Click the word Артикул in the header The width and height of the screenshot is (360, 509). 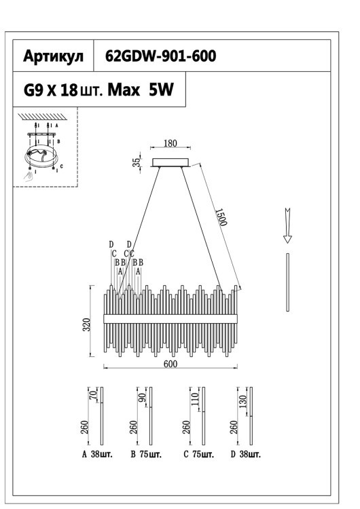[x=54, y=58]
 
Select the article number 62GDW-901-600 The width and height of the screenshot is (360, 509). [x=161, y=58]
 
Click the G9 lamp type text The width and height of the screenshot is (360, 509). [x=33, y=91]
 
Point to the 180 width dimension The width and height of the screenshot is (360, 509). [x=170, y=144]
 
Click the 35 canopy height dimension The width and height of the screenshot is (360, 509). [x=137, y=162]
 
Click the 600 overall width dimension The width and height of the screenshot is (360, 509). [x=170, y=364]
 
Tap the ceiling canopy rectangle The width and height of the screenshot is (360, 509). [x=171, y=162]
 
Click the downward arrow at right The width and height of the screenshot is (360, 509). [x=287, y=225]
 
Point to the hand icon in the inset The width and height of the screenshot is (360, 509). [x=26, y=176]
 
